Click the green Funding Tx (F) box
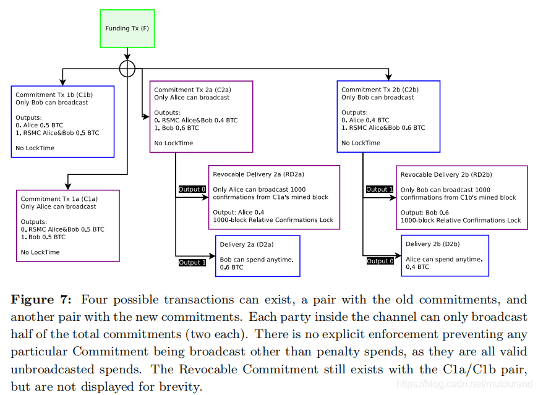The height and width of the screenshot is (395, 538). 127,28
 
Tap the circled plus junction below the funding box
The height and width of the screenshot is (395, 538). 127,68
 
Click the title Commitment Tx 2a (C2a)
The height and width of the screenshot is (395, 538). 192,90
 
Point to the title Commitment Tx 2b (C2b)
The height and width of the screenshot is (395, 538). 380,90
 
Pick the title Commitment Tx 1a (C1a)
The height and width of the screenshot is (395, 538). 59,199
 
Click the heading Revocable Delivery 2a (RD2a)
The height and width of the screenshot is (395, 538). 258,174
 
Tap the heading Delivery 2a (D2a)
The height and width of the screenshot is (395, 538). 246,245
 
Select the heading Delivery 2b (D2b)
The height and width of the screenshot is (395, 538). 432,244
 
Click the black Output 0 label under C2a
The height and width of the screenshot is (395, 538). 192,189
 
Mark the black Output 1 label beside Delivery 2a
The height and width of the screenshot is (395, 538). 192,263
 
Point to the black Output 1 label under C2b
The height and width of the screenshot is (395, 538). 380,189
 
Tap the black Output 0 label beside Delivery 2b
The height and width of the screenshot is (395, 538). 380,261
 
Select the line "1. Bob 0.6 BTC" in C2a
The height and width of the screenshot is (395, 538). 176,128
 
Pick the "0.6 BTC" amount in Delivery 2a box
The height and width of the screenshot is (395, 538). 233,268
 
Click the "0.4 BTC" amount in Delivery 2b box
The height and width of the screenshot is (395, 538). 417,267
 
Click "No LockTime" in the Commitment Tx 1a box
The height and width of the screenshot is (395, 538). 40,252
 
